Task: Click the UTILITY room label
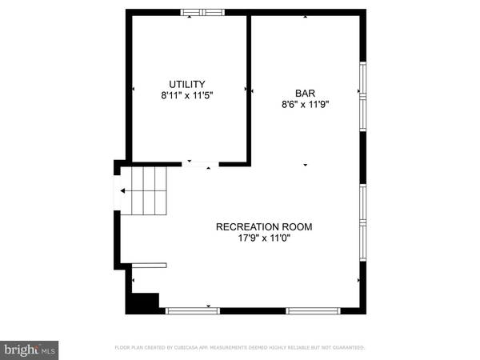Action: [x=187, y=84]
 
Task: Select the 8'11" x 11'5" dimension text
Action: [x=187, y=94]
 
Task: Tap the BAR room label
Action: [x=305, y=93]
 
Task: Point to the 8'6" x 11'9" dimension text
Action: [x=305, y=103]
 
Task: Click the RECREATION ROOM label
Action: [x=264, y=226]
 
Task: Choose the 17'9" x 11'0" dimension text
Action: [x=264, y=238]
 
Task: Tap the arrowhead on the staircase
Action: [x=122, y=190]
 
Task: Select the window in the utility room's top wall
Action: [x=202, y=12]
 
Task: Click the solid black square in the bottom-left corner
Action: [x=144, y=303]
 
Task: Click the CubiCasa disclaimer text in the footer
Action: [x=239, y=348]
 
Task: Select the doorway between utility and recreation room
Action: [x=201, y=164]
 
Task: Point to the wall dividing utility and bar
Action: [x=249, y=88]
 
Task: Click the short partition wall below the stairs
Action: [x=149, y=265]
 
